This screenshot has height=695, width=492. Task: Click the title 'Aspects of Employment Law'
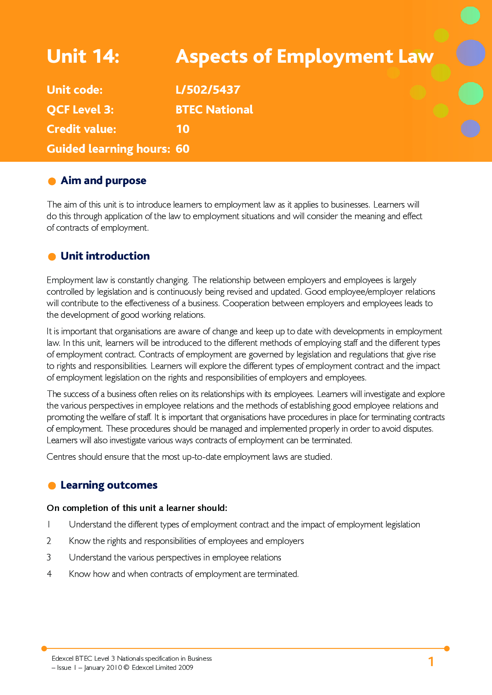[x=304, y=56]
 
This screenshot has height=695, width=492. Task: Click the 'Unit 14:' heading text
[x=83, y=56]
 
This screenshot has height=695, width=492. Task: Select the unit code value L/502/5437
[x=208, y=90]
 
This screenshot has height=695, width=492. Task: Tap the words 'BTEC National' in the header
[x=214, y=109]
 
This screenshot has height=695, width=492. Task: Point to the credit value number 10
[x=183, y=129]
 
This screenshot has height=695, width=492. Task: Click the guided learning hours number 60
[x=183, y=149]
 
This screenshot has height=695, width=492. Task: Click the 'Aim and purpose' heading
[x=103, y=181]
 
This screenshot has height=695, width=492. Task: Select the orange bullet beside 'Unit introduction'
[x=52, y=257]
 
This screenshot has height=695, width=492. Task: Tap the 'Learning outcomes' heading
[x=109, y=485]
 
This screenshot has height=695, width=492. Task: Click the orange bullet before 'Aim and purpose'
[x=52, y=182]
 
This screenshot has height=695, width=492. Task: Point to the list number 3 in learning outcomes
[x=49, y=558]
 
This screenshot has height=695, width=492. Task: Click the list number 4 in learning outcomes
[x=49, y=574]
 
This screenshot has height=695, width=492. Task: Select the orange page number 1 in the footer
[x=431, y=662]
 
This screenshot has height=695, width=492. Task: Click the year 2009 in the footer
[x=186, y=668]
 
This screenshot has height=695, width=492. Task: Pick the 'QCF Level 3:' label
[x=80, y=109]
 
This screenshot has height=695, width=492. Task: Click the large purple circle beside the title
[x=470, y=53]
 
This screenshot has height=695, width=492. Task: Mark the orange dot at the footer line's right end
[x=447, y=648]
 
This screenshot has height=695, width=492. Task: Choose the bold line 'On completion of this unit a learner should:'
[x=137, y=508]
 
